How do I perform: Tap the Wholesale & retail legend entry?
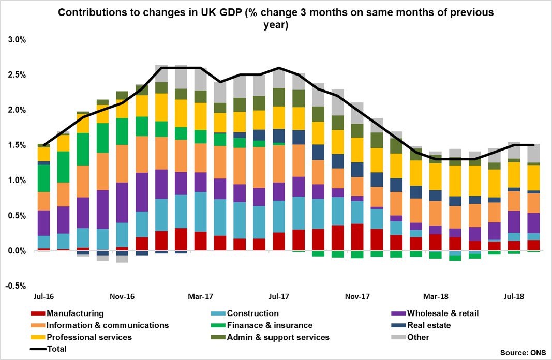(435, 313)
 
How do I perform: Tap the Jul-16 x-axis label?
(45, 297)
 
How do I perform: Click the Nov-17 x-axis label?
(357, 297)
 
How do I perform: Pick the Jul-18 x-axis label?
(514, 297)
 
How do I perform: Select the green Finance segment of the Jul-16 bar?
(44, 178)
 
